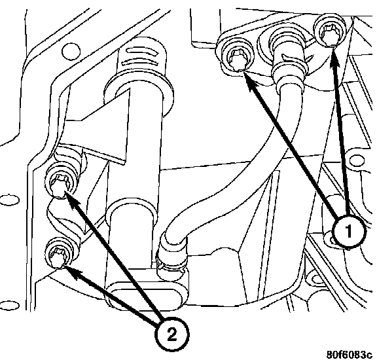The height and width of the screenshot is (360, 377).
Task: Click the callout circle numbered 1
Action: (x=350, y=231)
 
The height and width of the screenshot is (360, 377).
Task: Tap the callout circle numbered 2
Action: (x=171, y=334)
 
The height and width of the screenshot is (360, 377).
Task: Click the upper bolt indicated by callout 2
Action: (x=60, y=183)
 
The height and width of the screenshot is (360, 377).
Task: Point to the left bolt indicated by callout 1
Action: (x=238, y=58)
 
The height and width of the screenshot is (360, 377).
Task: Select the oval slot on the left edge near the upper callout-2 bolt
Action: (x=9, y=200)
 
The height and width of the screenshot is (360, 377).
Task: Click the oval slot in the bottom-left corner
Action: (x=10, y=305)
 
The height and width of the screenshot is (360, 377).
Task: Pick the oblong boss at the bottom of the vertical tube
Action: (x=147, y=295)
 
